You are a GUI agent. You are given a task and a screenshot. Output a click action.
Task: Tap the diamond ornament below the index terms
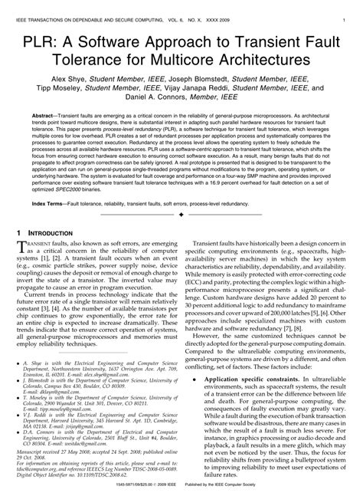pos(181,215)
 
